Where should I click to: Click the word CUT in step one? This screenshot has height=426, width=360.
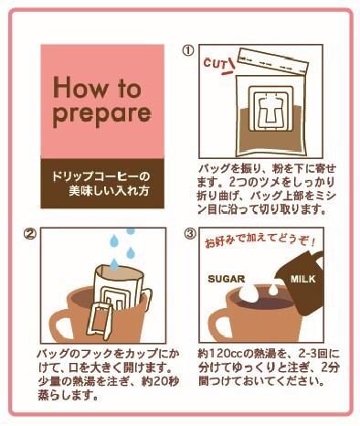click(215, 64)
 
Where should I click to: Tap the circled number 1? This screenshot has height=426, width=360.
click(188, 50)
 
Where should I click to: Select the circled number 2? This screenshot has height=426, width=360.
click(30, 234)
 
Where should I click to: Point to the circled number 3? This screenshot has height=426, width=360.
click(190, 234)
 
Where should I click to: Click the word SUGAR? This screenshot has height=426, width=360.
click(227, 279)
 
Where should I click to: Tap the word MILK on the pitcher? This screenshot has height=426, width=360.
click(302, 279)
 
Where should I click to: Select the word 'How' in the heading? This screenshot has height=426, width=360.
click(80, 88)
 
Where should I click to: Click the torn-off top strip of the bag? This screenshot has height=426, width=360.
click(273, 61)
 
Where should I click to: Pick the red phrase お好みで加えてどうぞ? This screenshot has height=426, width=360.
click(259, 240)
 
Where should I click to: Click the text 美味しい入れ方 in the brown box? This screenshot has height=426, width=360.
click(109, 191)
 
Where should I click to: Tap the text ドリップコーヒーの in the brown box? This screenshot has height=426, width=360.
click(101, 176)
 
